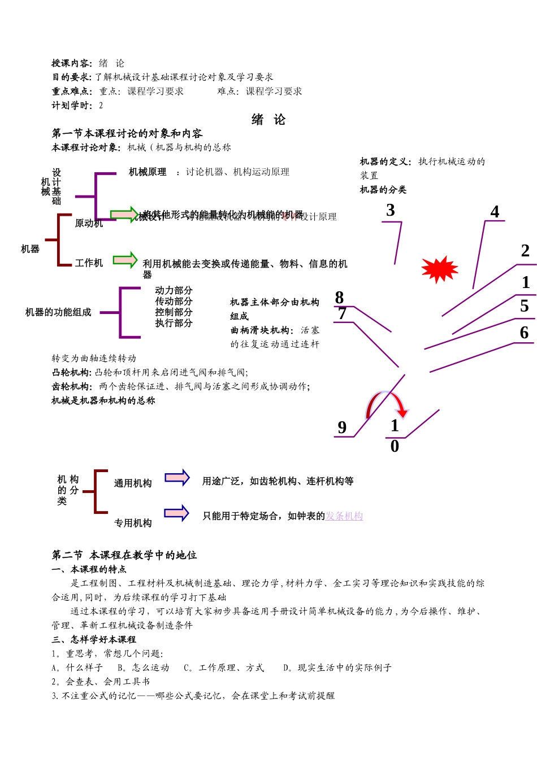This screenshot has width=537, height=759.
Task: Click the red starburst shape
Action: coord(440,269)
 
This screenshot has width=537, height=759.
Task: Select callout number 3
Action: coord(390,211)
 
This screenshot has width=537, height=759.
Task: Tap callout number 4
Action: coord(495,212)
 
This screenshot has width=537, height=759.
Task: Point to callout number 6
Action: coord(524,333)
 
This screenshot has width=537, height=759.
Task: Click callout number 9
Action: coord(342,428)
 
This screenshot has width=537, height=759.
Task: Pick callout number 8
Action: coord(339,298)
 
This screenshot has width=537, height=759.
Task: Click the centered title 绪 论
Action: coord(268,120)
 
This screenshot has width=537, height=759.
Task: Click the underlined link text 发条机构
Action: coord(344,516)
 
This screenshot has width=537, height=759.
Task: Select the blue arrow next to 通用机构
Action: coord(177,478)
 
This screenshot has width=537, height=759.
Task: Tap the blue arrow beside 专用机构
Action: coord(176,513)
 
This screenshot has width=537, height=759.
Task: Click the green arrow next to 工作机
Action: coord(125,260)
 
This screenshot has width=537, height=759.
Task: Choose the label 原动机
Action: coord(89,224)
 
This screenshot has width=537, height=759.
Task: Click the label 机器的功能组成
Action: coord(58,312)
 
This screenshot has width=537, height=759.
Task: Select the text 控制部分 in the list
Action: coord(174,312)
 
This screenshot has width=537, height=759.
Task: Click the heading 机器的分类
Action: coord(383,190)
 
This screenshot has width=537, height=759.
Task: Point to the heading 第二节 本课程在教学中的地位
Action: coord(124,555)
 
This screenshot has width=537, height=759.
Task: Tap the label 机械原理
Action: coord(148,172)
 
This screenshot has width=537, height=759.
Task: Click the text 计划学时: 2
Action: coord(77,106)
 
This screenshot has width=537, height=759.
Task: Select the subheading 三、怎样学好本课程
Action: coord(94,639)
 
